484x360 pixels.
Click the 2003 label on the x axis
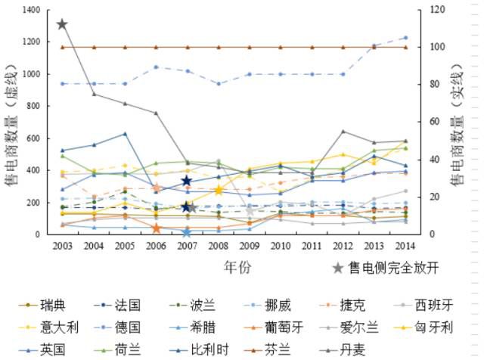pyautogui.click(x=63, y=246)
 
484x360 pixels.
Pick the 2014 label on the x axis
pyautogui.click(x=405, y=246)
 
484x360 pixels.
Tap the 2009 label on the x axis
pyautogui.click(x=249, y=246)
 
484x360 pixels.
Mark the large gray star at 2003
pyautogui.click(x=63, y=24)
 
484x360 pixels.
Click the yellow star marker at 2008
pyautogui.click(x=218, y=190)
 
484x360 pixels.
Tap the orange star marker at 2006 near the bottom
pyautogui.click(x=156, y=228)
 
